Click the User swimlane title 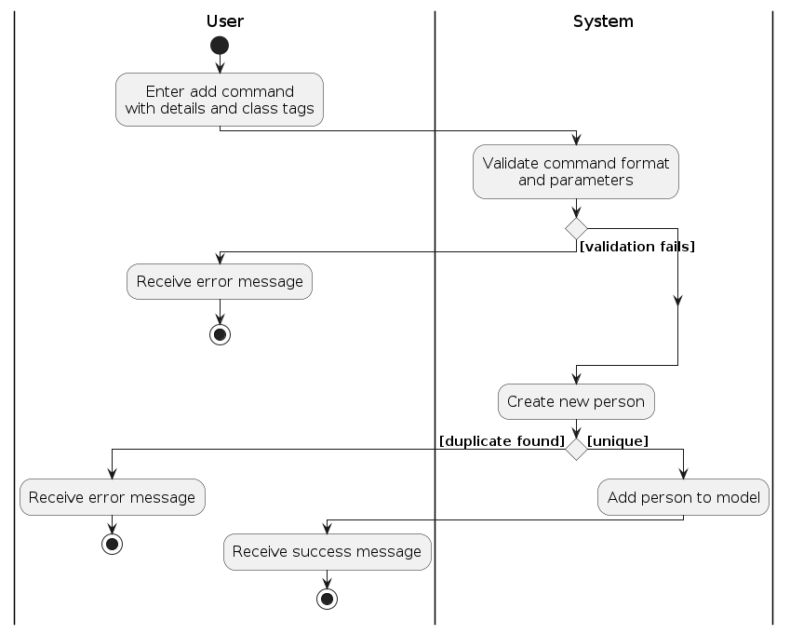tap(224, 21)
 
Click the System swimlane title tap(603, 21)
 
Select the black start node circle tap(220, 46)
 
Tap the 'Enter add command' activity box tap(220, 100)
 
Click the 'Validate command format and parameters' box tap(576, 171)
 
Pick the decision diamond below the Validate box tap(576, 228)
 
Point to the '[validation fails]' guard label tap(637, 247)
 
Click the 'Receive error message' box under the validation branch tap(220, 281)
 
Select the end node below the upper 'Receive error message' tap(220, 335)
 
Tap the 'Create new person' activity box tap(576, 402)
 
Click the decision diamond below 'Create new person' tap(576, 449)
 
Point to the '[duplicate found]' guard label tap(502, 440)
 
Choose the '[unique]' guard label tap(618, 440)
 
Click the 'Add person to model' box tap(684, 497)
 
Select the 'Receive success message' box tap(327, 552)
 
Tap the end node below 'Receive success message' tap(327, 599)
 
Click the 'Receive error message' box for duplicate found tap(112, 497)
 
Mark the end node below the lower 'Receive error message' tap(112, 544)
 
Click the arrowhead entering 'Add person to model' tap(684, 473)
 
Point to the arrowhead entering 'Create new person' tap(576, 378)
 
